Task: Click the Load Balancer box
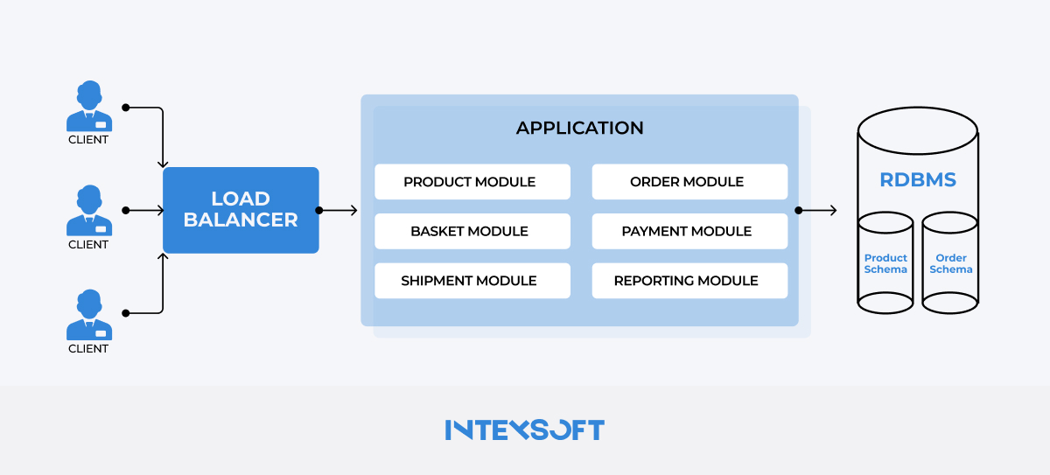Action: coord(241,210)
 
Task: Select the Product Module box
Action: coord(472,182)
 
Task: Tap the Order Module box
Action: coord(689,182)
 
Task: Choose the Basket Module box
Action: coord(472,231)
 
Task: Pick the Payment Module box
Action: coord(689,231)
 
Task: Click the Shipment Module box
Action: coord(472,281)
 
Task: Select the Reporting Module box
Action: coord(689,281)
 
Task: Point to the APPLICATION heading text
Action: coord(579,128)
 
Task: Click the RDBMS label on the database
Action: coord(917,180)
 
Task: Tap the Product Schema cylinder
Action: coord(885,263)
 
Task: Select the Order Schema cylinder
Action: coord(950,263)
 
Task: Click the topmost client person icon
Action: coord(88,105)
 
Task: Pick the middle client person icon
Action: coord(88,210)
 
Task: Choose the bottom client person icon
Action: coord(88,314)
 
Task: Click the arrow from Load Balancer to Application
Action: coord(339,210)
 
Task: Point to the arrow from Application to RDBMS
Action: coord(818,210)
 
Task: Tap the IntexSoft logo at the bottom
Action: coord(524,430)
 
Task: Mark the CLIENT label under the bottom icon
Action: coord(88,348)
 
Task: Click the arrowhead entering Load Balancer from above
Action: coord(162,163)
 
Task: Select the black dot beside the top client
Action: coord(125,108)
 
